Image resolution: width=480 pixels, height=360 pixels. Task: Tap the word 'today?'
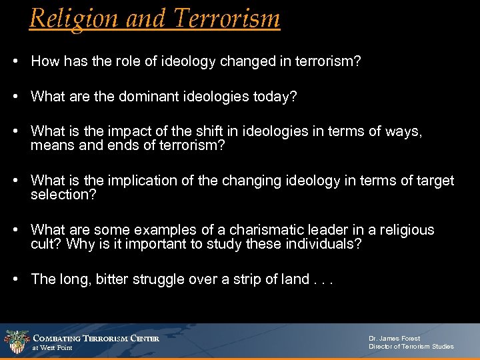(273, 97)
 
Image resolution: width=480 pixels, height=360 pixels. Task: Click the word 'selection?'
(63, 194)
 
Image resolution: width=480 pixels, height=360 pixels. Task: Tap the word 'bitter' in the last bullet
(115, 279)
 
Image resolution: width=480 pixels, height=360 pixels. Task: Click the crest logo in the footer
(15, 342)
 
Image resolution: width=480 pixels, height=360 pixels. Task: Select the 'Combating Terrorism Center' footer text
(96, 338)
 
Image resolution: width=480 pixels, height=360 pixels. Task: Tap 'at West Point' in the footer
(53, 348)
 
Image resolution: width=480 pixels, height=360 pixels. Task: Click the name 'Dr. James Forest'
(394, 339)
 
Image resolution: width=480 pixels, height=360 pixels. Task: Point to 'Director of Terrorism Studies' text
(411, 347)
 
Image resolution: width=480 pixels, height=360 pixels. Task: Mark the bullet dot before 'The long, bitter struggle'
(15, 279)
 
